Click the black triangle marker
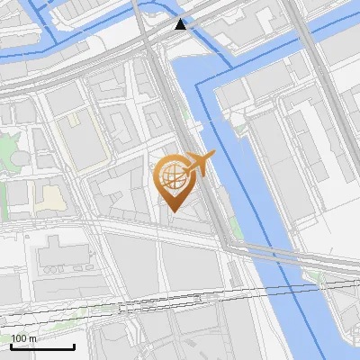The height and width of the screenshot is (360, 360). [182, 24]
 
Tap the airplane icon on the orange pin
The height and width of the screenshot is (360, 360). [200, 163]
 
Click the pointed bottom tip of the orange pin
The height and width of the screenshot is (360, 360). [173, 211]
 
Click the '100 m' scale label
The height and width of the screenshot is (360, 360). [24, 338]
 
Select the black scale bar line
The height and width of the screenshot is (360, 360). [42, 346]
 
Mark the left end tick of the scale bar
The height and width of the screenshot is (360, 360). [11, 345]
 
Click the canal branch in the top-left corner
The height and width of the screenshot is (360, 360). [54, 27]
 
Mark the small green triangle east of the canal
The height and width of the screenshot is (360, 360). [318, 276]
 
